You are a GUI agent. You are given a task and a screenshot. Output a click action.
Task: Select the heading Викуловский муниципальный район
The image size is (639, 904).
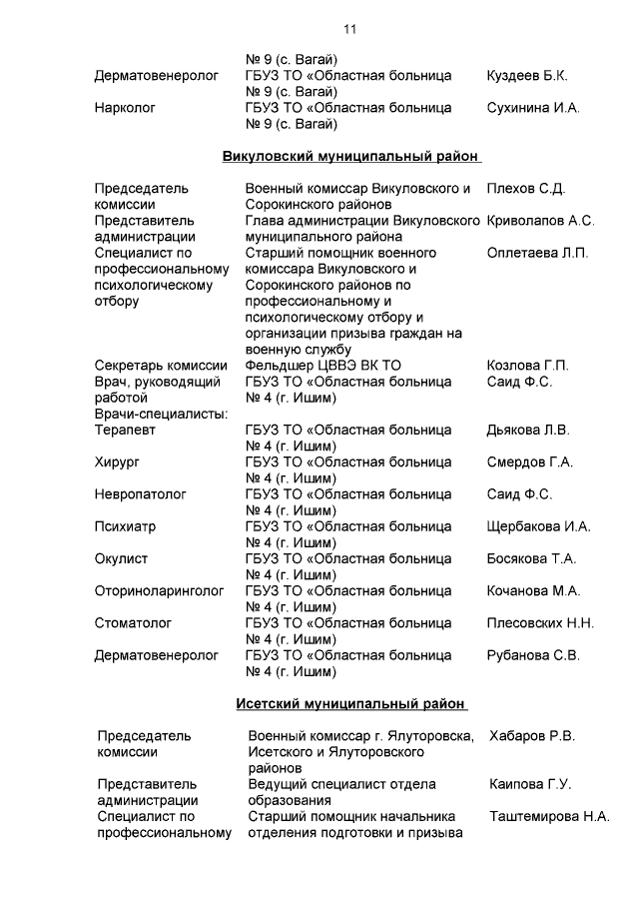pyautogui.click(x=350, y=157)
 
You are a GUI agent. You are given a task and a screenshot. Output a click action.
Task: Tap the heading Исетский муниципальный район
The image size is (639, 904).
pyautogui.click(x=351, y=703)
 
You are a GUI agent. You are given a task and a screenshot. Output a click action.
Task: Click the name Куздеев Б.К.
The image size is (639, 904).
pyautogui.click(x=526, y=76)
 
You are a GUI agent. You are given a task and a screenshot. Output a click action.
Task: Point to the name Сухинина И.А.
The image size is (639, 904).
pyautogui.click(x=532, y=108)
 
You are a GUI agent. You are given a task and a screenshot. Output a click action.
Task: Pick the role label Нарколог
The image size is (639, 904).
pyautogui.click(x=125, y=108)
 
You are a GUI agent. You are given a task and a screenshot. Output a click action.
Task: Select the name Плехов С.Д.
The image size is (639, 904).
pyautogui.click(x=525, y=189)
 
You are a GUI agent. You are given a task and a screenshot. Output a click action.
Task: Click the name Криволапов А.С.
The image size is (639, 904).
pyautogui.click(x=540, y=221)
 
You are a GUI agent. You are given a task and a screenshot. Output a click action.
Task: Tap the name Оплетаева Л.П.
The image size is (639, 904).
pyautogui.click(x=537, y=253)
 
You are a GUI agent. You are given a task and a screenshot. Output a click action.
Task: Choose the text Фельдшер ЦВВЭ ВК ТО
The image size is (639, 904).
pyautogui.click(x=323, y=366)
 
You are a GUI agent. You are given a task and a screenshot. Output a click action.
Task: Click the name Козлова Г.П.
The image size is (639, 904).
pyautogui.click(x=527, y=366)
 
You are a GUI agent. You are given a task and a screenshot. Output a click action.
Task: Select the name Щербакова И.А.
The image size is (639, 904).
pyautogui.click(x=538, y=526)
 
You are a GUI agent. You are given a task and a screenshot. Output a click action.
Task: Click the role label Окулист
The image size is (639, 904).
pyautogui.click(x=121, y=558)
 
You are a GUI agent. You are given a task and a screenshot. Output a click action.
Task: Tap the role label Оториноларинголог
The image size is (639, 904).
pyautogui.click(x=159, y=591)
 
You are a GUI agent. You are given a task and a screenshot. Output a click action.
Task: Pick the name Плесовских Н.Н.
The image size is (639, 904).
pyautogui.click(x=540, y=623)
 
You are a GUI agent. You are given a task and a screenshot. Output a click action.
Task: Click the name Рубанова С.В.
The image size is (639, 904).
pyautogui.click(x=532, y=655)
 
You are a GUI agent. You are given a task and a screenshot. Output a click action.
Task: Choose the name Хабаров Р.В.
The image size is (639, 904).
pyautogui.click(x=532, y=736)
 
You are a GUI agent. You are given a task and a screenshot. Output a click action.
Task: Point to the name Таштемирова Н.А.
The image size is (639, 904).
pyautogui.click(x=549, y=816)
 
